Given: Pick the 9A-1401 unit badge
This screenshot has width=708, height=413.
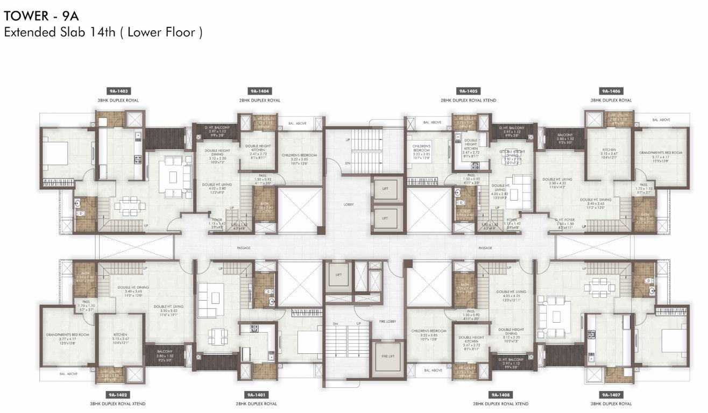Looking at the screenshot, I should (x=256, y=395).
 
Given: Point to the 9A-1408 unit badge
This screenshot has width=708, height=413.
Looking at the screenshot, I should (x=500, y=395).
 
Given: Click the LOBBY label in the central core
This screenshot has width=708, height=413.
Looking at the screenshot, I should (x=348, y=204).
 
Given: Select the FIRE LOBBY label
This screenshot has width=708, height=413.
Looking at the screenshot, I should (x=387, y=321).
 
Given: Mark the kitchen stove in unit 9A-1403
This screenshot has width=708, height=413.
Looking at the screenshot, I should (x=137, y=159).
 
